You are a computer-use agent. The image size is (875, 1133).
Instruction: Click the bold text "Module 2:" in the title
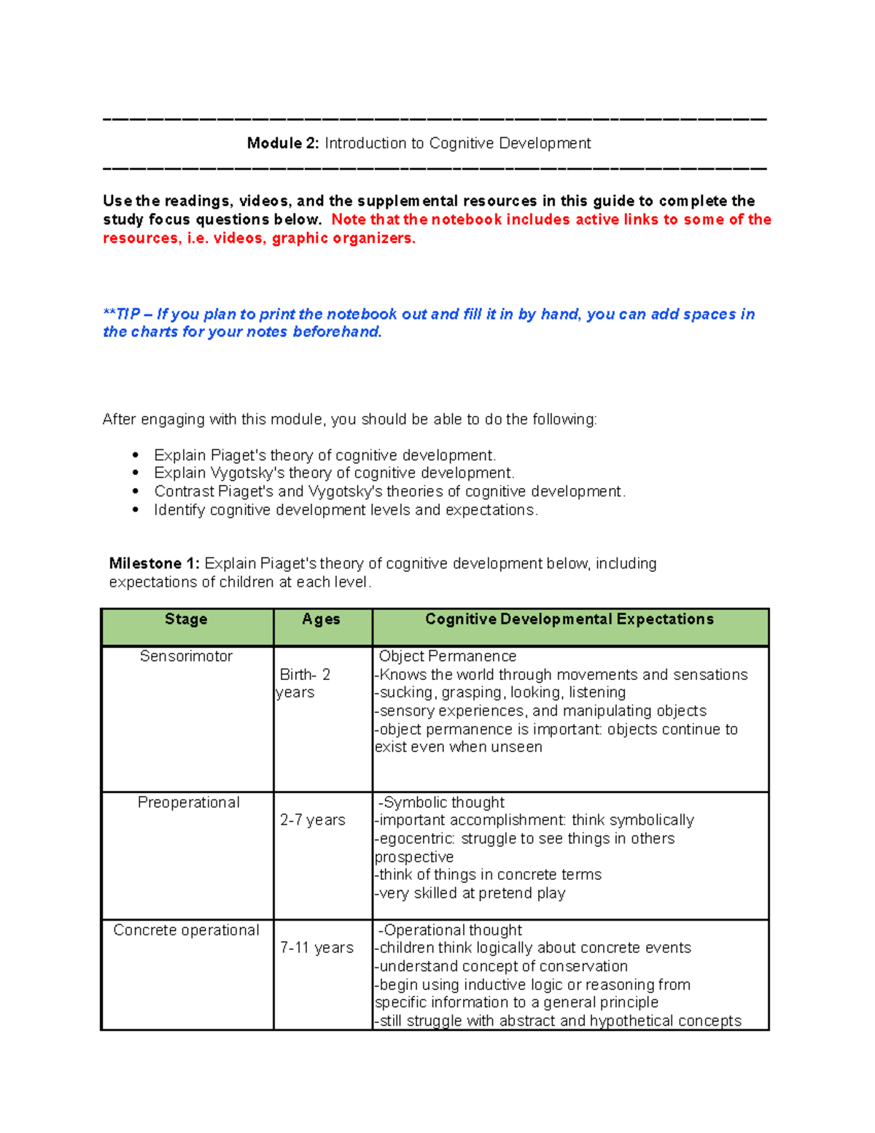click(283, 143)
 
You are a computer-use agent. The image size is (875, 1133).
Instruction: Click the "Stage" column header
click(186, 619)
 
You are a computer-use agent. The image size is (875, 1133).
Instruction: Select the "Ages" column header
click(322, 619)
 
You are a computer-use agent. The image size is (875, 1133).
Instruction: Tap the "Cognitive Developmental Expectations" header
click(569, 619)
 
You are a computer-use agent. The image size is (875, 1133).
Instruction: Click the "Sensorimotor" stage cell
click(186, 657)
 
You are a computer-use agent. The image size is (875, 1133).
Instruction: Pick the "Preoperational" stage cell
click(188, 803)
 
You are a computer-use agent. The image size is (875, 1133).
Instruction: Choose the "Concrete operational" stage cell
click(186, 930)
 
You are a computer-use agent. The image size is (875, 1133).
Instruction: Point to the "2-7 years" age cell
click(313, 820)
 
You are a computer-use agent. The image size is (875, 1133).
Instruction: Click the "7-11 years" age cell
click(316, 948)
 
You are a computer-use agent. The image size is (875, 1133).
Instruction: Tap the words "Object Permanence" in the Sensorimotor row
click(448, 657)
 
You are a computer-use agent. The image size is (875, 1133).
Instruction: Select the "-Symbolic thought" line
click(441, 803)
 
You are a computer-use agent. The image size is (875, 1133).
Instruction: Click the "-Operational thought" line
click(450, 930)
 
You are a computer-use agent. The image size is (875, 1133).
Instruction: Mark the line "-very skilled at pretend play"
click(470, 893)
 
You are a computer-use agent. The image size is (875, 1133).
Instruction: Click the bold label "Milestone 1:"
click(154, 564)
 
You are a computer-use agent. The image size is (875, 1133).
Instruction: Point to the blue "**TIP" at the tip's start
click(121, 314)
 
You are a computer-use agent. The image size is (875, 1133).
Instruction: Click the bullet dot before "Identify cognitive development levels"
click(136, 510)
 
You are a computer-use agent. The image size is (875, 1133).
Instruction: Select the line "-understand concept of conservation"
click(501, 966)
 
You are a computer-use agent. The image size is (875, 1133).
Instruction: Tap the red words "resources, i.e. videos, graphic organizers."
click(259, 239)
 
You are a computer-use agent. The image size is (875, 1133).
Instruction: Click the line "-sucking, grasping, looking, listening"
click(500, 692)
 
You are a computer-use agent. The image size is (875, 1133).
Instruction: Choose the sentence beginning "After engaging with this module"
click(349, 419)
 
